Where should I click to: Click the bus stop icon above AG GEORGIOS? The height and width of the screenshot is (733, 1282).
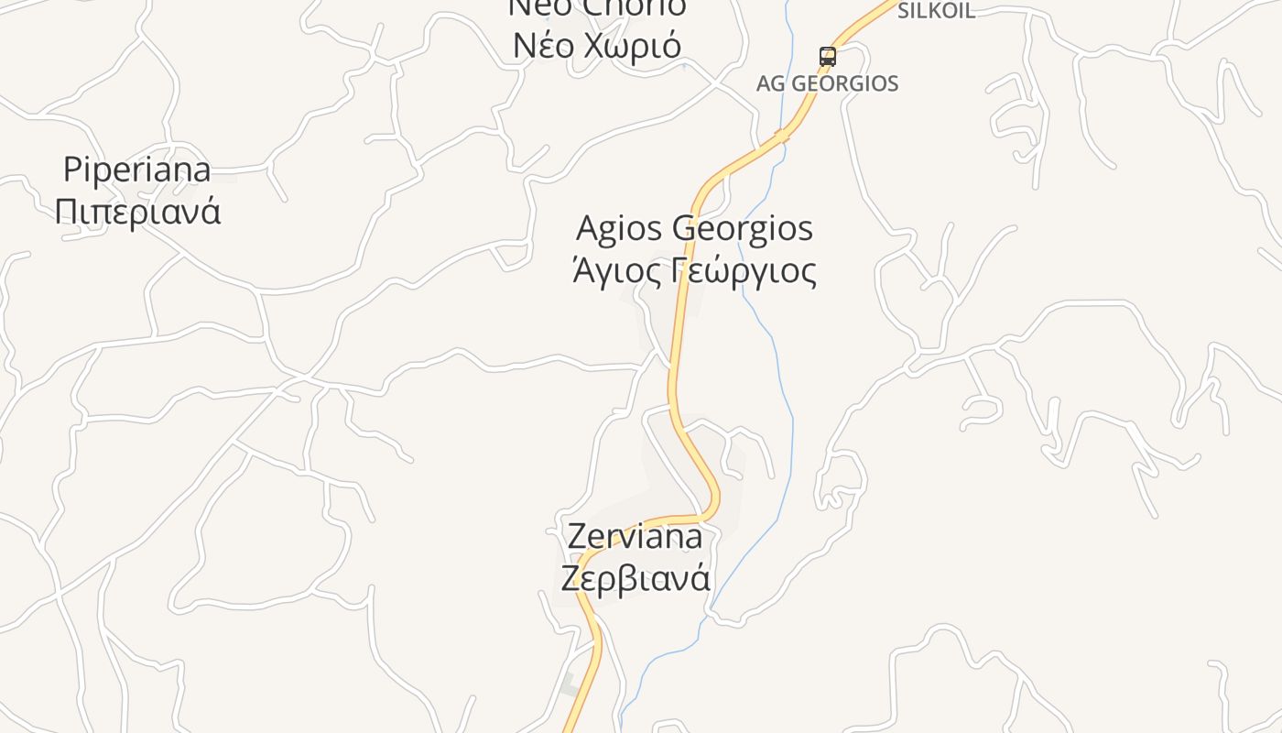pos(828,56)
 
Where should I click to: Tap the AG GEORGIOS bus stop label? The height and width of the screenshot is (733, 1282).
pos(827,83)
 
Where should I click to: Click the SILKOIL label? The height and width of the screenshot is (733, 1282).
pos(936,11)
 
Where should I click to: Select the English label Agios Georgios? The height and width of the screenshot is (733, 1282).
pos(694,228)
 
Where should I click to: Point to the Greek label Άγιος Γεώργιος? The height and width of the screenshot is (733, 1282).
pos(694,271)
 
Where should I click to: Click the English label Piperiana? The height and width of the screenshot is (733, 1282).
pos(137,170)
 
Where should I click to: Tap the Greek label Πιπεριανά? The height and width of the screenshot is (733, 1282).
pos(137,212)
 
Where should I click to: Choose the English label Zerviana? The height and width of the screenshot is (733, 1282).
pos(635,536)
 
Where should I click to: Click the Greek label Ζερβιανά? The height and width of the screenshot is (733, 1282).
pos(635,578)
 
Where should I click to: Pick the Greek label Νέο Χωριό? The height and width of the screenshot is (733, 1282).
pos(597,45)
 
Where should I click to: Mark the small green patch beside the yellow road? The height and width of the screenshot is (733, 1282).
pos(569,684)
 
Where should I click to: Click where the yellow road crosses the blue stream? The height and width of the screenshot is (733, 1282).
pos(781,136)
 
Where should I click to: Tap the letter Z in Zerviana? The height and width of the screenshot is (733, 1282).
pos(577,536)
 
